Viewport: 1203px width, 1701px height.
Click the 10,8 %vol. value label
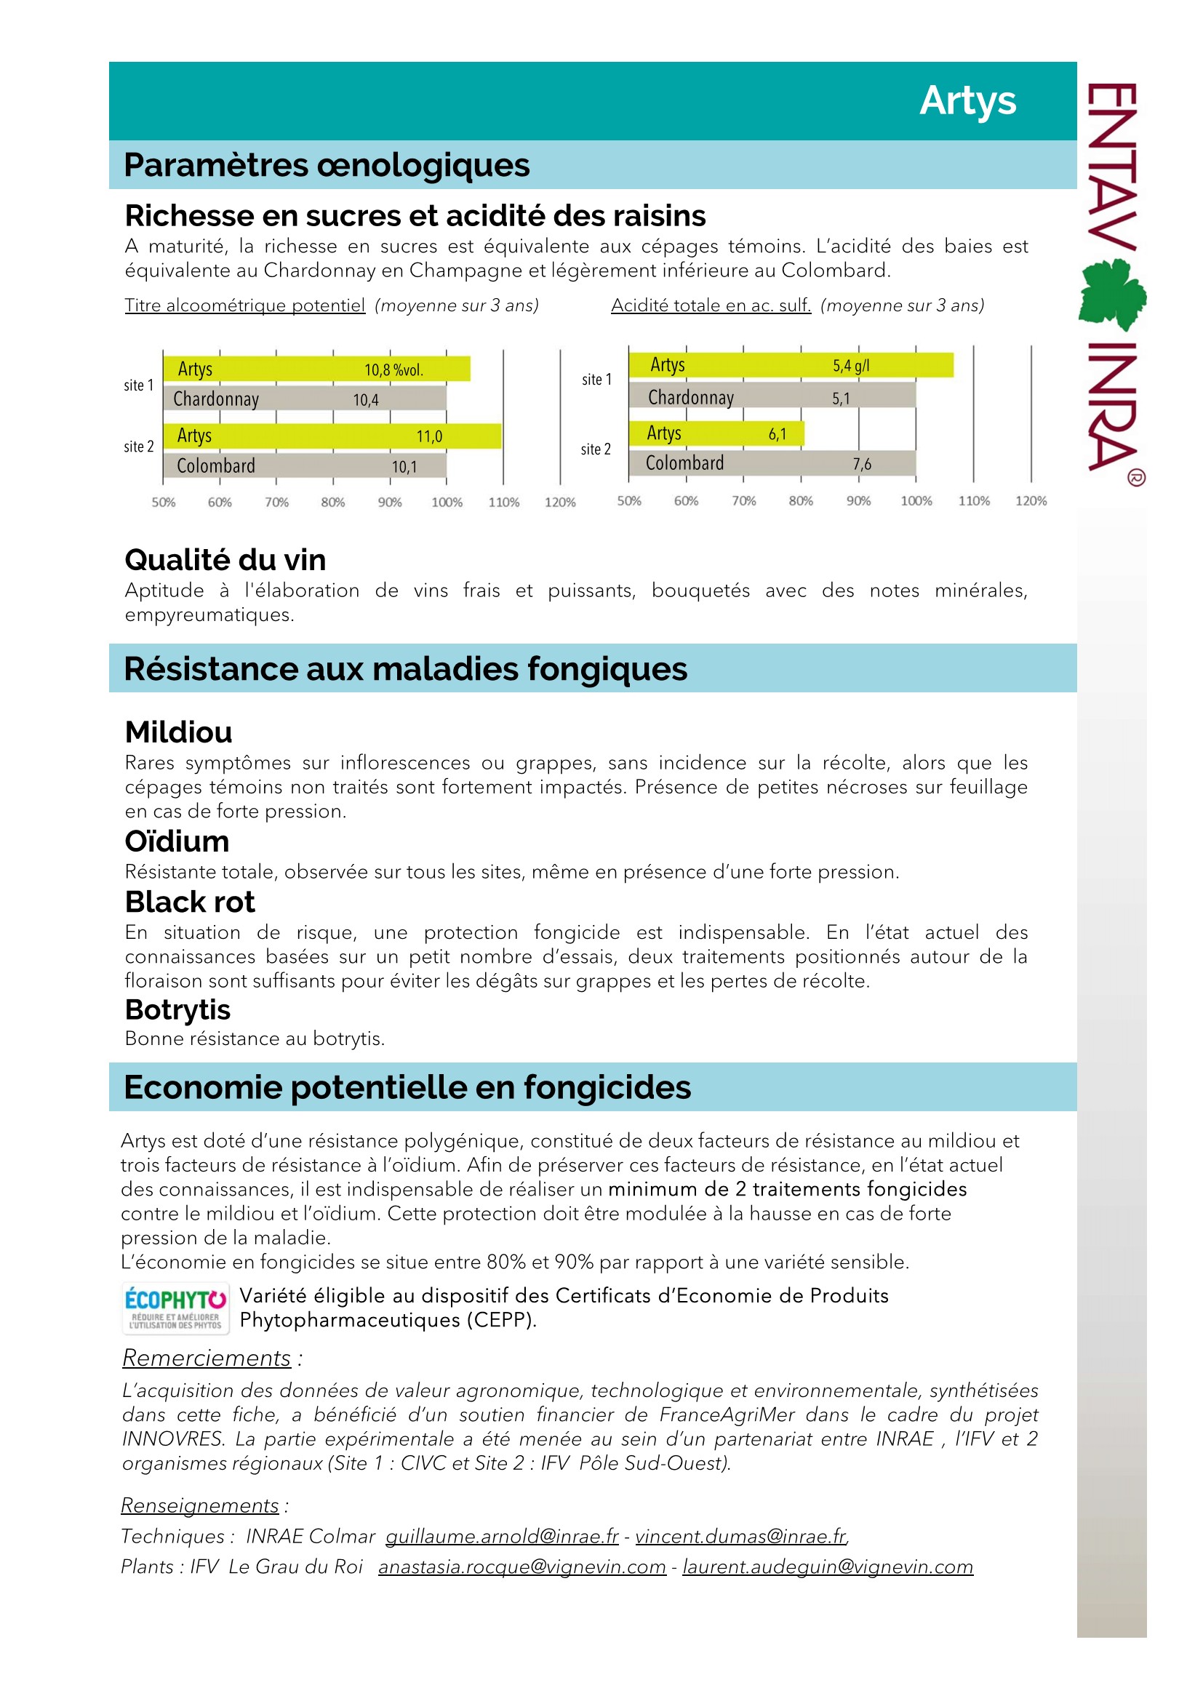click(393, 369)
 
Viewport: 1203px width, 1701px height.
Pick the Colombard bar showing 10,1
click(305, 466)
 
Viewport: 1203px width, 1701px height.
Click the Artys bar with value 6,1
click(716, 433)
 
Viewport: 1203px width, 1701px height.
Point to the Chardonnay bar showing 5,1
click(771, 398)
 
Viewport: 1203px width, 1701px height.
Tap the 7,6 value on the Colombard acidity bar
click(861, 465)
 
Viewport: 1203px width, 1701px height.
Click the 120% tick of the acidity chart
click(1031, 501)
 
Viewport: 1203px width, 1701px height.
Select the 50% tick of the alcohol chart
click(164, 503)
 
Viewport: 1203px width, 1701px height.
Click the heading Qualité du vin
click(225, 560)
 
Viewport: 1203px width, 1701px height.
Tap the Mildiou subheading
click(178, 732)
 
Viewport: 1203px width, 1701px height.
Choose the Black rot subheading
click(190, 902)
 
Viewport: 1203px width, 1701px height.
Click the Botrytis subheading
click(177, 1010)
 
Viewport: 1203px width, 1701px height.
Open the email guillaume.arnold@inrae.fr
click(502, 1536)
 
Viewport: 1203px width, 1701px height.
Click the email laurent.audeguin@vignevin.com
click(828, 1566)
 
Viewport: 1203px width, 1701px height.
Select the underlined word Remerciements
click(207, 1358)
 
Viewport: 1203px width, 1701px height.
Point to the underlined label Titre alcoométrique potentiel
click(244, 305)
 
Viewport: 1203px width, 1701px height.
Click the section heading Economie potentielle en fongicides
click(407, 1086)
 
